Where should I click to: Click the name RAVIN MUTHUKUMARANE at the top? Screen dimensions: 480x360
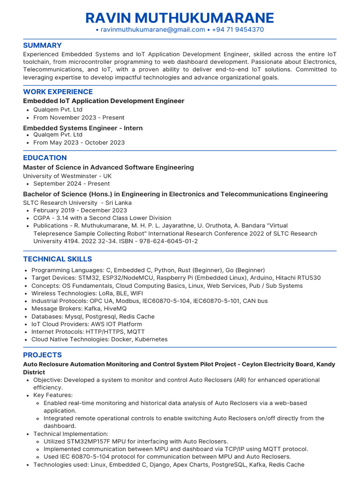click(x=180, y=18)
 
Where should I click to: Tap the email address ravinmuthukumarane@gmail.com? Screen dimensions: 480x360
click(x=153, y=30)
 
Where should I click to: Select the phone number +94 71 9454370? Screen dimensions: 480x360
click(x=238, y=30)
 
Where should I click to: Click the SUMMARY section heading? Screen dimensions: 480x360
click(x=42, y=45)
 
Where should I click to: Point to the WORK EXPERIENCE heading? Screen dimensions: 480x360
click(x=58, y=92)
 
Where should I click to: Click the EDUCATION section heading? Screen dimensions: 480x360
click(x=45, y=158)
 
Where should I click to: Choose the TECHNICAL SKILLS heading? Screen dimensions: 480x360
click(x=57, y=259)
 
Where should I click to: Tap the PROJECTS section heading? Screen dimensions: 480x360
click(x=42, y=355)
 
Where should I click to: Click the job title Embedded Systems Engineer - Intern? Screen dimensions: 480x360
click(x=82, y=128)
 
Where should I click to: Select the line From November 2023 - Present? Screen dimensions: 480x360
click(x=79, y=118)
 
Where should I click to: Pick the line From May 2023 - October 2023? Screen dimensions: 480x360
click(x=79, y=142)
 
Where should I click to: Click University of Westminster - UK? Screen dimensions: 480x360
click(x=67, y=176)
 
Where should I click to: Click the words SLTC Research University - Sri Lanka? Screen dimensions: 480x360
click(x=77, y=203)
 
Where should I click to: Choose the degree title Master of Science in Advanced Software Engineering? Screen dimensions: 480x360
click(x=108, y=167)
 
